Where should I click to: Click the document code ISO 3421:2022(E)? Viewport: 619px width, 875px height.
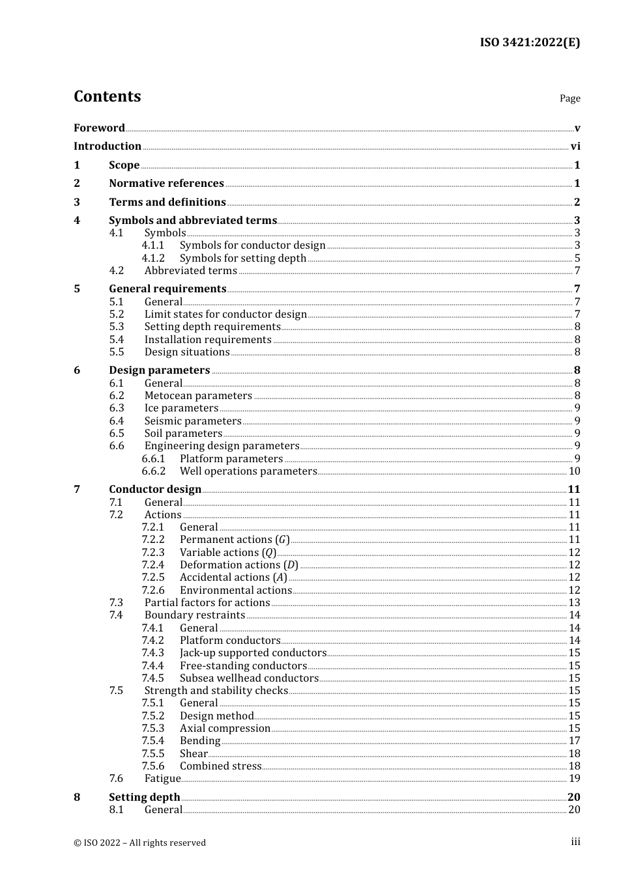click(529, 42)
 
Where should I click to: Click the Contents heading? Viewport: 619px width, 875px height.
click(107, 96)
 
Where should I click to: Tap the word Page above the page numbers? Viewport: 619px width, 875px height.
click(569, 98)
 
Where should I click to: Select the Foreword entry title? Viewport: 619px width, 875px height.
click(99, 128)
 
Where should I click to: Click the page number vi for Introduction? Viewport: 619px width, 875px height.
click(575, 146)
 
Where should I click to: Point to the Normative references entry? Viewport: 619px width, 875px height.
click(166, 184)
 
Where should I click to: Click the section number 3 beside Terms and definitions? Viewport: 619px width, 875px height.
click(77, 202)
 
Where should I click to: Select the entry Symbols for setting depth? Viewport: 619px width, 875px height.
click(242, 258)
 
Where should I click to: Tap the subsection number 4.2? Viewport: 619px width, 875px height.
click(116, 270)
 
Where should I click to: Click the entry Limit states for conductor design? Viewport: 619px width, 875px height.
click(225, 314)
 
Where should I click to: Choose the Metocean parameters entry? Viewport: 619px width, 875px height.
click(198, 395)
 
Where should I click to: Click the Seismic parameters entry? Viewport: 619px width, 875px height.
click(193, 421)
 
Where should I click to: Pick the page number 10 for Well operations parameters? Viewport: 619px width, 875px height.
click(574, 471)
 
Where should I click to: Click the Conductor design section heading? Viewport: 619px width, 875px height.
click(155, 489)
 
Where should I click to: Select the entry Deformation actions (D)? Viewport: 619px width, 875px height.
click(238, 564)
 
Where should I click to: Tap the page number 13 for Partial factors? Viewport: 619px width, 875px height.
click(574, 602)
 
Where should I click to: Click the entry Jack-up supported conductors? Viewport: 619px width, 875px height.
click(253, 652)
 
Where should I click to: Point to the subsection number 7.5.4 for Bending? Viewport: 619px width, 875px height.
click(152, 740)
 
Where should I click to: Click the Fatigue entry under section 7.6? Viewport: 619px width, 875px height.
click(162, 778)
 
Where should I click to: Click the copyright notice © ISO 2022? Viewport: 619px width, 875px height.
click(139, 842)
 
